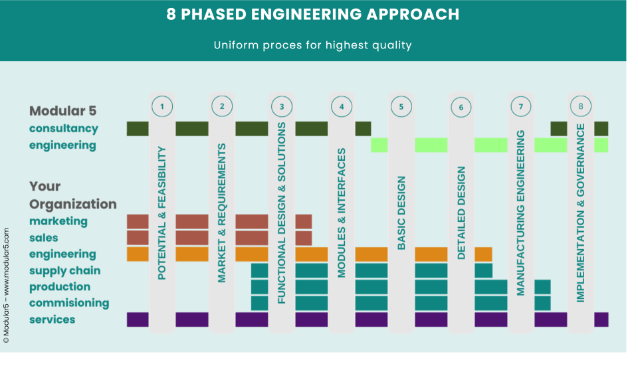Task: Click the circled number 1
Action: (x=162, y=106)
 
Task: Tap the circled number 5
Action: (x=401, y=106)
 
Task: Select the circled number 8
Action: (x=581, y=106)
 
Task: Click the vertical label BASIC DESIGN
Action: (x=401, y=213)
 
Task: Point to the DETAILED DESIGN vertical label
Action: (x=461, y=213)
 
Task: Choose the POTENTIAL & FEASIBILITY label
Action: (x=162, y=213)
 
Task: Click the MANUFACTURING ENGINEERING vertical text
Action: (x=521, y=213)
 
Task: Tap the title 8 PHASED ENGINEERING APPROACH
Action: (x=313, y=14)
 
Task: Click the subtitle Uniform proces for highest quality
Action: (x=313, y=45)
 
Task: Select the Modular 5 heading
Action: (x=62, y=111)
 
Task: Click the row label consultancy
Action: (x=64, y=128)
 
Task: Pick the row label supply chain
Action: (x=64, y=270)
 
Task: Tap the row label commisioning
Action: (x=69, y=303)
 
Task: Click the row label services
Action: (x=52, y=320)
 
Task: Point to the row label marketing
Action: (x=58, y=221)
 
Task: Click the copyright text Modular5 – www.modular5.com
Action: (x=6, y=286)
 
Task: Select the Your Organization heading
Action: (x=73, y=195)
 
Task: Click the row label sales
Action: (x=44, y=238)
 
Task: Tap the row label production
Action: (x=60, y=287)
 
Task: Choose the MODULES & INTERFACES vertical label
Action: (x=342, y=213)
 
